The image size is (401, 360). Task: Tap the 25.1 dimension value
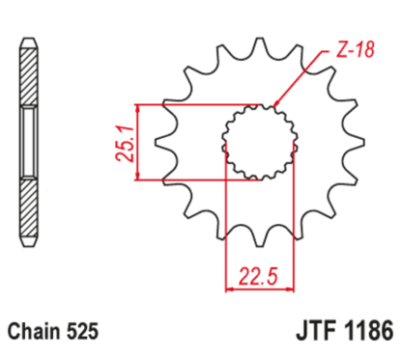(x=117, y=141)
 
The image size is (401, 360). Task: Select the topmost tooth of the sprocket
(x=259, y=47)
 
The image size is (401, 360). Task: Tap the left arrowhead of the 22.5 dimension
(x=229, y=287)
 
